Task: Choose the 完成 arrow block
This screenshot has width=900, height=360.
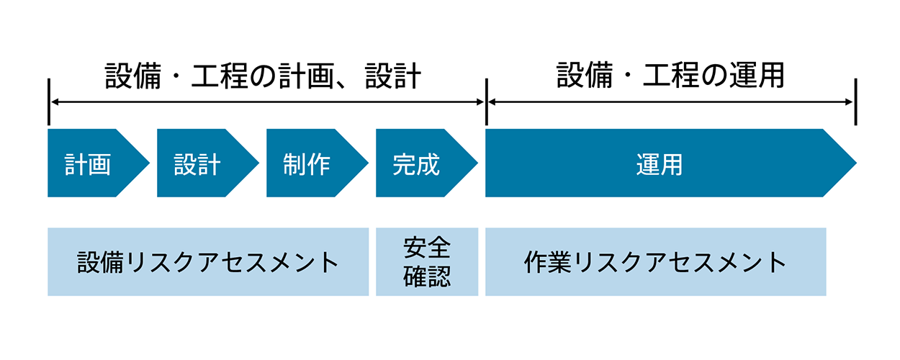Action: click(416, 164)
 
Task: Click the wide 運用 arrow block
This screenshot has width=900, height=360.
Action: click(659, 164)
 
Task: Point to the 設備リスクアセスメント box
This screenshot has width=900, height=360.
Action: click(208, 262)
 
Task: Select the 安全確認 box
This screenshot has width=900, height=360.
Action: click(427, 262)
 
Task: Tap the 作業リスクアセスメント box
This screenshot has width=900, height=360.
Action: click(655, 262)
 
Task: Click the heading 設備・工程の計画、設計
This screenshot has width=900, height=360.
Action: click(264, 76)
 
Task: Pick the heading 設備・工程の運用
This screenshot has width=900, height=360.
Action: click(670, 76)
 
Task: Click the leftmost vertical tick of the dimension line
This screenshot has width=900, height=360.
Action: click(49, 102)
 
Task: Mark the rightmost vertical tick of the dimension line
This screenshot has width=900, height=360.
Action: click(855, 102)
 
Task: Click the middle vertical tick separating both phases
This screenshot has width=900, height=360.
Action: click(486, 102)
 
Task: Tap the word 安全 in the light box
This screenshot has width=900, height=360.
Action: click(427, 248)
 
